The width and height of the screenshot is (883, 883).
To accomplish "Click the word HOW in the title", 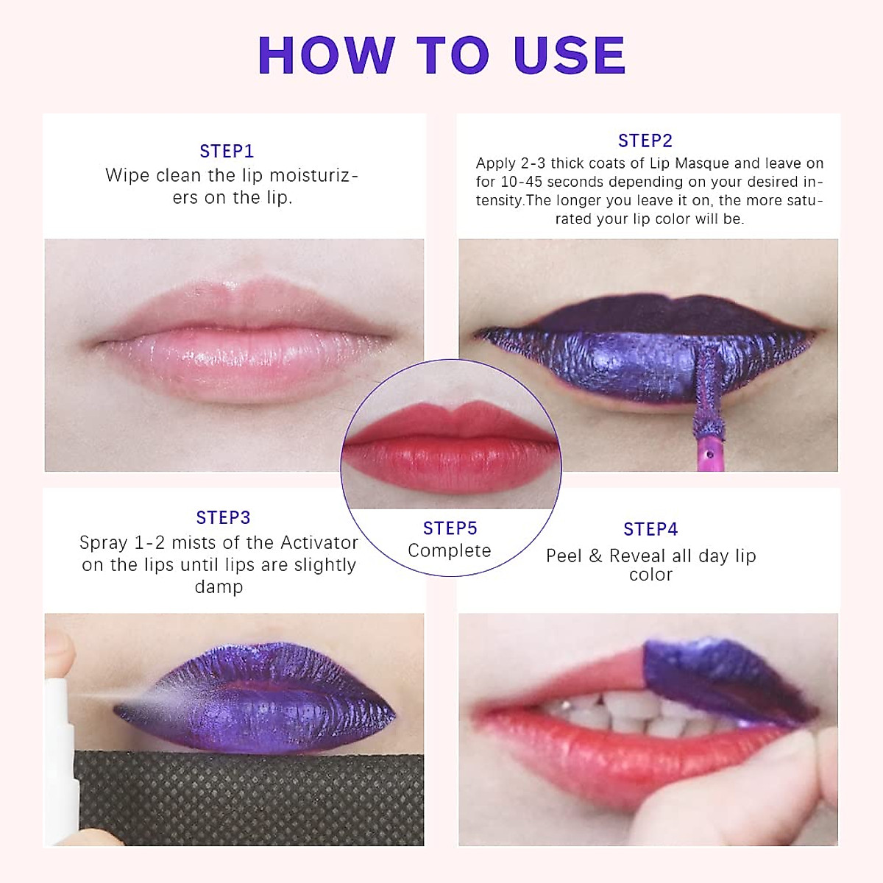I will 326,56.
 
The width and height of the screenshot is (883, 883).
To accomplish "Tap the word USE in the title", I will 570,56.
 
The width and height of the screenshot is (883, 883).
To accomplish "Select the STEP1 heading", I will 227,152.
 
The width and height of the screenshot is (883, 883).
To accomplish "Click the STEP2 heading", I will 645,141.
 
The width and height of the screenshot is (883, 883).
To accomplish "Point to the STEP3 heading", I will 223,518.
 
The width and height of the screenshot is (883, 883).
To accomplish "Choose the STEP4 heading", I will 650,530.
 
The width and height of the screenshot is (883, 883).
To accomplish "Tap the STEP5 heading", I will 450,528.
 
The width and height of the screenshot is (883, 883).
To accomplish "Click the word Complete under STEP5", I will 450,551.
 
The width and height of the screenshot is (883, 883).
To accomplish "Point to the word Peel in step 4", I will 564,556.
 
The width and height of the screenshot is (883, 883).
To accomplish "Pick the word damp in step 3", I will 219,587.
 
